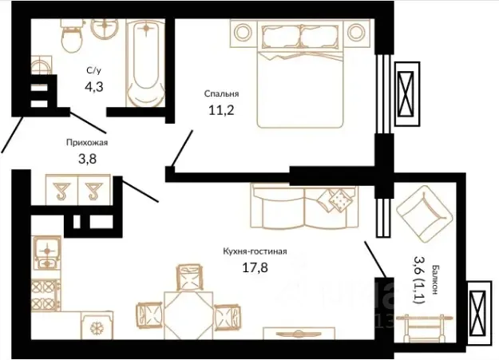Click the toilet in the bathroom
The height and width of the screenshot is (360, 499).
(72, 35)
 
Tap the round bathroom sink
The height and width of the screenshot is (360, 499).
(105, 27)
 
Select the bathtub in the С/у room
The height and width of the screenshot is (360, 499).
(146, 63)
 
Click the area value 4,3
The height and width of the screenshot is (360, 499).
(94, 86)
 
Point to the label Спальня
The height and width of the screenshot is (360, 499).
(221, 94)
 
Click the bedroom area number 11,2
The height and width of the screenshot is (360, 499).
(221, 110)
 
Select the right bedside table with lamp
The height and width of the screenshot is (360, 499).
(356, 33)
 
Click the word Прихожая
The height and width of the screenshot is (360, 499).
(87, 142)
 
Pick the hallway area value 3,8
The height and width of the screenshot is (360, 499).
(87, 159)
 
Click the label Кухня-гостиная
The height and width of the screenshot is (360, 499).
(255, 251)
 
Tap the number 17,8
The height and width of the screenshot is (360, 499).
(255, 267)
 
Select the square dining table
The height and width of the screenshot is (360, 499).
(188, 315)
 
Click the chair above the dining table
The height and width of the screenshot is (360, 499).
(189, 277)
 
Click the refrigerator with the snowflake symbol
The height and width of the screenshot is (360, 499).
(97, 326)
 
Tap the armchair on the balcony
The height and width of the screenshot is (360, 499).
(424, 215)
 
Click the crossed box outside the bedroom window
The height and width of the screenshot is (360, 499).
(407, 94)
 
